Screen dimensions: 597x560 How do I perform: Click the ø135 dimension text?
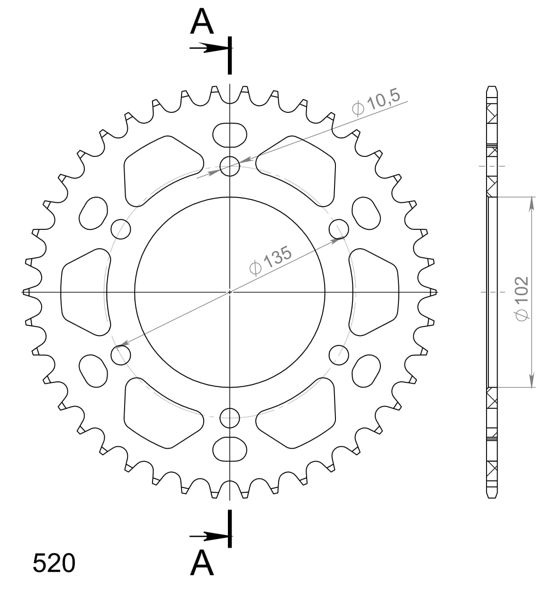pyautogui.click(x=270, y=261)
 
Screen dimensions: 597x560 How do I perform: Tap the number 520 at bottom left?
pyautogui.click(x=54, y=563)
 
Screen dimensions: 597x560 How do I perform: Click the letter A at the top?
pyautogui.click(x=202, y=22)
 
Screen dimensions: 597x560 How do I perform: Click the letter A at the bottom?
pyautogui.click(x=202, y=563)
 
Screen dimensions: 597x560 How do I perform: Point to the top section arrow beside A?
pyautogui.click(x=208, y=48)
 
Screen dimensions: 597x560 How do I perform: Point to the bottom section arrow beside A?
pyautogui.click(x=208, y=536)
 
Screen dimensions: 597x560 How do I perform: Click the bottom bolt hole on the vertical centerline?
pyautogui.click(x=230, y=417)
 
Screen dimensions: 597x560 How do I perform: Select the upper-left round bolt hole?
pyautogui.click(x=121, y=229)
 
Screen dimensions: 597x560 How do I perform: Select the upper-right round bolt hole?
pyautogui.click(x=339, y=229)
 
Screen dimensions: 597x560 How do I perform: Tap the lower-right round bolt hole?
pyautogui.click(x=339, y=355)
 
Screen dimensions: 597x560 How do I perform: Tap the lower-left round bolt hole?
pyautogui.click(x=121, y=355)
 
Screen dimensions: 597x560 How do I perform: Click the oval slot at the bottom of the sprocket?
pyautogui.click(x=230, y=449)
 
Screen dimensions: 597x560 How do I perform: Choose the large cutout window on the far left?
pyautogui.click(x=84, y=292)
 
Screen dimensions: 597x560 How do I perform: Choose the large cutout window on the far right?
pyautogui.click(x=375, y=292)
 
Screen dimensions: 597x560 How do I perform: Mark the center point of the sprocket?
pyautogui.click(x=230, y=292)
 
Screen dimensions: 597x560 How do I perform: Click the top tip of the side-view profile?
pyautogui.click(x=492, y=87)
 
